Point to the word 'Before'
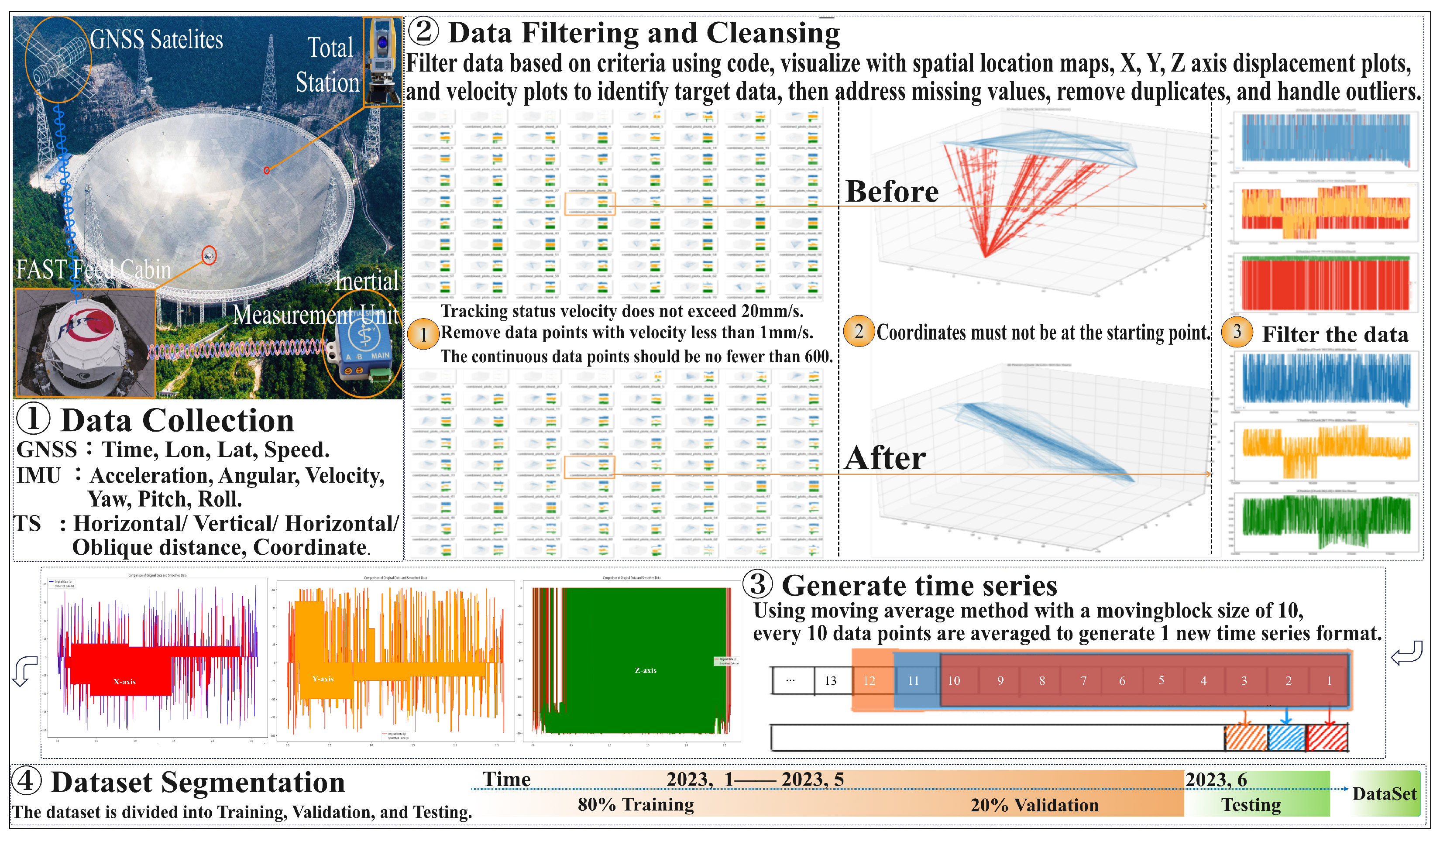pos(891,192)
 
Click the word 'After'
pos(885,458)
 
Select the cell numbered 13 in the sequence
pos(830,680)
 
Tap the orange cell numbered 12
pos(869,680)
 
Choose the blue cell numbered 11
pos(913,680)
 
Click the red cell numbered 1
pos(1329,680)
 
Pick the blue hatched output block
pos(1286,738)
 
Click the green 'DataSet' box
pos(1384,793)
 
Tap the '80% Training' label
pos(636,804)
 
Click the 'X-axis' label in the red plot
pos(124,682)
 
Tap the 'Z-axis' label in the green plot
pos(646,670)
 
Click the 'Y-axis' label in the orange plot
pos(323,679)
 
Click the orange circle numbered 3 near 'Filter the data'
pos(1237,331)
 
